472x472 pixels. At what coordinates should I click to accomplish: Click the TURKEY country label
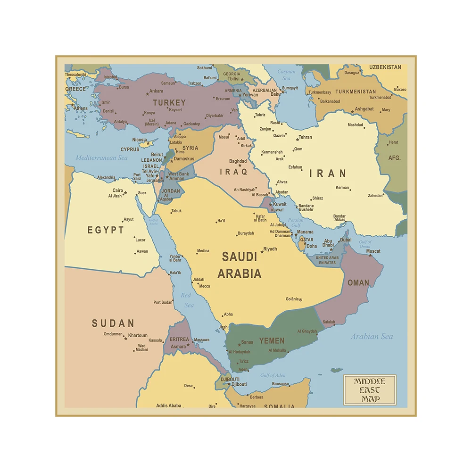coord(169,102)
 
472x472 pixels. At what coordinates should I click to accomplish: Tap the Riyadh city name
coord(270,249)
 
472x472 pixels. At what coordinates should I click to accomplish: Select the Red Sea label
coord(187,300)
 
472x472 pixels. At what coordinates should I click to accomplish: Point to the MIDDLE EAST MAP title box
coord(369,390)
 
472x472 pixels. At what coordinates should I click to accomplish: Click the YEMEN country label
coord(272,340)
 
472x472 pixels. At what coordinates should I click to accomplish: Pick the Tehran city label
coord(305,137)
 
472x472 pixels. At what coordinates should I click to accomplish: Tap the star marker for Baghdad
coord(239,166)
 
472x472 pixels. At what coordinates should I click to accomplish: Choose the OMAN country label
coord(358,283)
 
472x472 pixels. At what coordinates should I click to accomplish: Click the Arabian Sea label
coord(372,337)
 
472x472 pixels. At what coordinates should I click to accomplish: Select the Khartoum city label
coord(138,336)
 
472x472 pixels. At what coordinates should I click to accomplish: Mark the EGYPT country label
coord(106,230)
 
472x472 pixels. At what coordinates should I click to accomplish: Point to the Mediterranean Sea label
coord(102,158)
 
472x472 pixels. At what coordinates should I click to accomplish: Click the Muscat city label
coord(373,251)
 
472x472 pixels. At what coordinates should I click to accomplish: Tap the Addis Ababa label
coord(168,406)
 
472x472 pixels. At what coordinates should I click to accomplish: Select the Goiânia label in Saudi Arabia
coord(292,299)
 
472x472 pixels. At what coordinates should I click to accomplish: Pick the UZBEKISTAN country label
coord(385,67)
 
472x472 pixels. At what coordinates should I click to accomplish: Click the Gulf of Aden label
coord(273,375)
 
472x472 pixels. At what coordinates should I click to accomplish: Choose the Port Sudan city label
coord(163,302)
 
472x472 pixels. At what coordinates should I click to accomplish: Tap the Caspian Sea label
coord(286,75)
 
